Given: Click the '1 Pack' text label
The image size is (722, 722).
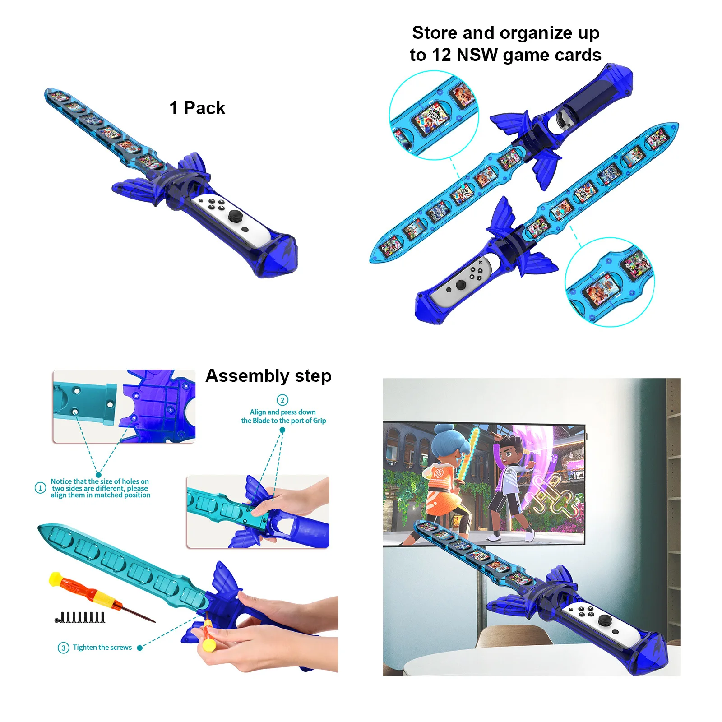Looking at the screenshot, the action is pos(197,108).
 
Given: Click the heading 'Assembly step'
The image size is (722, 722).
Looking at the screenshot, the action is pos(268,376).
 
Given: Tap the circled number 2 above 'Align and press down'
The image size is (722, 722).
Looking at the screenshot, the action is pos(282,400).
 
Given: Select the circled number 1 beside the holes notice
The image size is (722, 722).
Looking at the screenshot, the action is pos(41,488).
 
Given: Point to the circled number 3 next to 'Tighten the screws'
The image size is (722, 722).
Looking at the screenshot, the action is pos(63,648).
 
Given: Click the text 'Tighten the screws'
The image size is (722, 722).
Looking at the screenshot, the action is pos(102,647).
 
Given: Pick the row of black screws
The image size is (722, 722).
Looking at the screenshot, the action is pos(80,617).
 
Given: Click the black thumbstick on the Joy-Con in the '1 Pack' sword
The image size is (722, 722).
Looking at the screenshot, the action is pos(235,216).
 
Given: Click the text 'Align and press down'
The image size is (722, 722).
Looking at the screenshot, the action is pos(283,412).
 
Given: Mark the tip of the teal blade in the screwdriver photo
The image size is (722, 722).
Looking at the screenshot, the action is pos(39,527).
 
